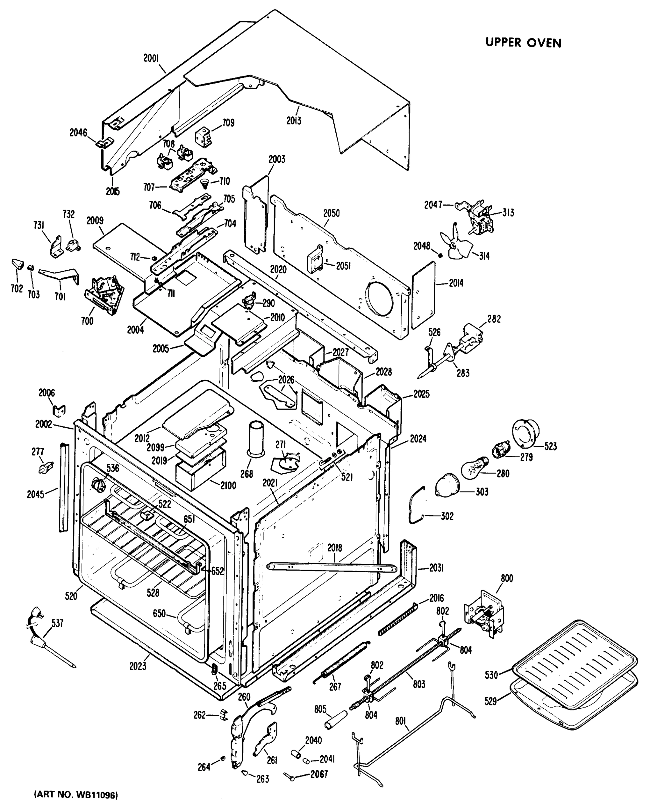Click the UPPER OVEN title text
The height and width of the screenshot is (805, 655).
click(523, 43)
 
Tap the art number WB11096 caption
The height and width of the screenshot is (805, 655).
click(76, 795)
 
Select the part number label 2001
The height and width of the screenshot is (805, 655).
click(151, 58)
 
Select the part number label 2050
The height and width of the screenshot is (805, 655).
click(331, 213)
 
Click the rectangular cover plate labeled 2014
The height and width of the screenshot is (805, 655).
click(423, 295)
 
